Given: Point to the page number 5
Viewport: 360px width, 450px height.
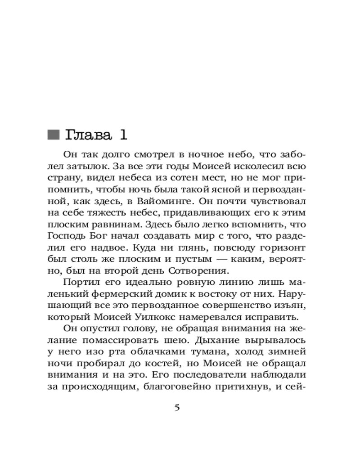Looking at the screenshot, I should (x=177, y=408).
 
